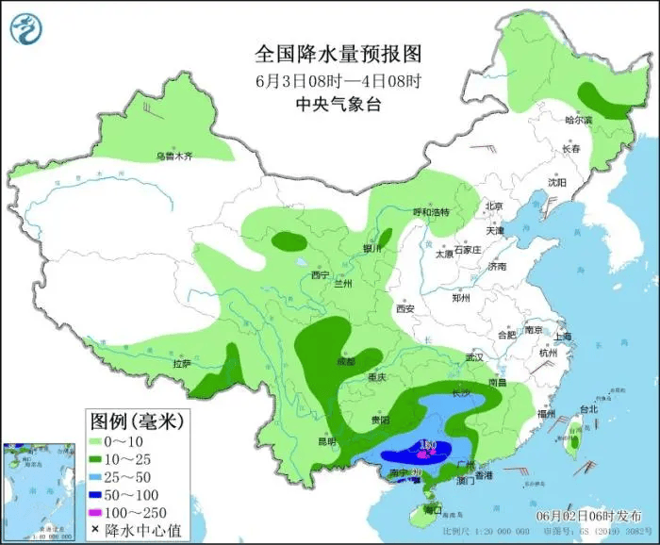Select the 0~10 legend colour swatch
pyautogui.click(x=96, y=440)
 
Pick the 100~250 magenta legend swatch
pyautogui.click(x=96, y=512)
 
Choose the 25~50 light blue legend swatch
pyautogui.click(x=96, y=476)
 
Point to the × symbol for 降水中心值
pyautogui.click(x=96, y=530)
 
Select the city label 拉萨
pyautogui.click(x=182, y=363)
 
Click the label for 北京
pyautogui.click(x=494, y=206)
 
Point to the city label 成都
pyautogui.click(x=346, y=361)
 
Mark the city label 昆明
pyautogui.click(x=326, y=440)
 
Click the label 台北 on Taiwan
pyautogui.click(x=588, y=409)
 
